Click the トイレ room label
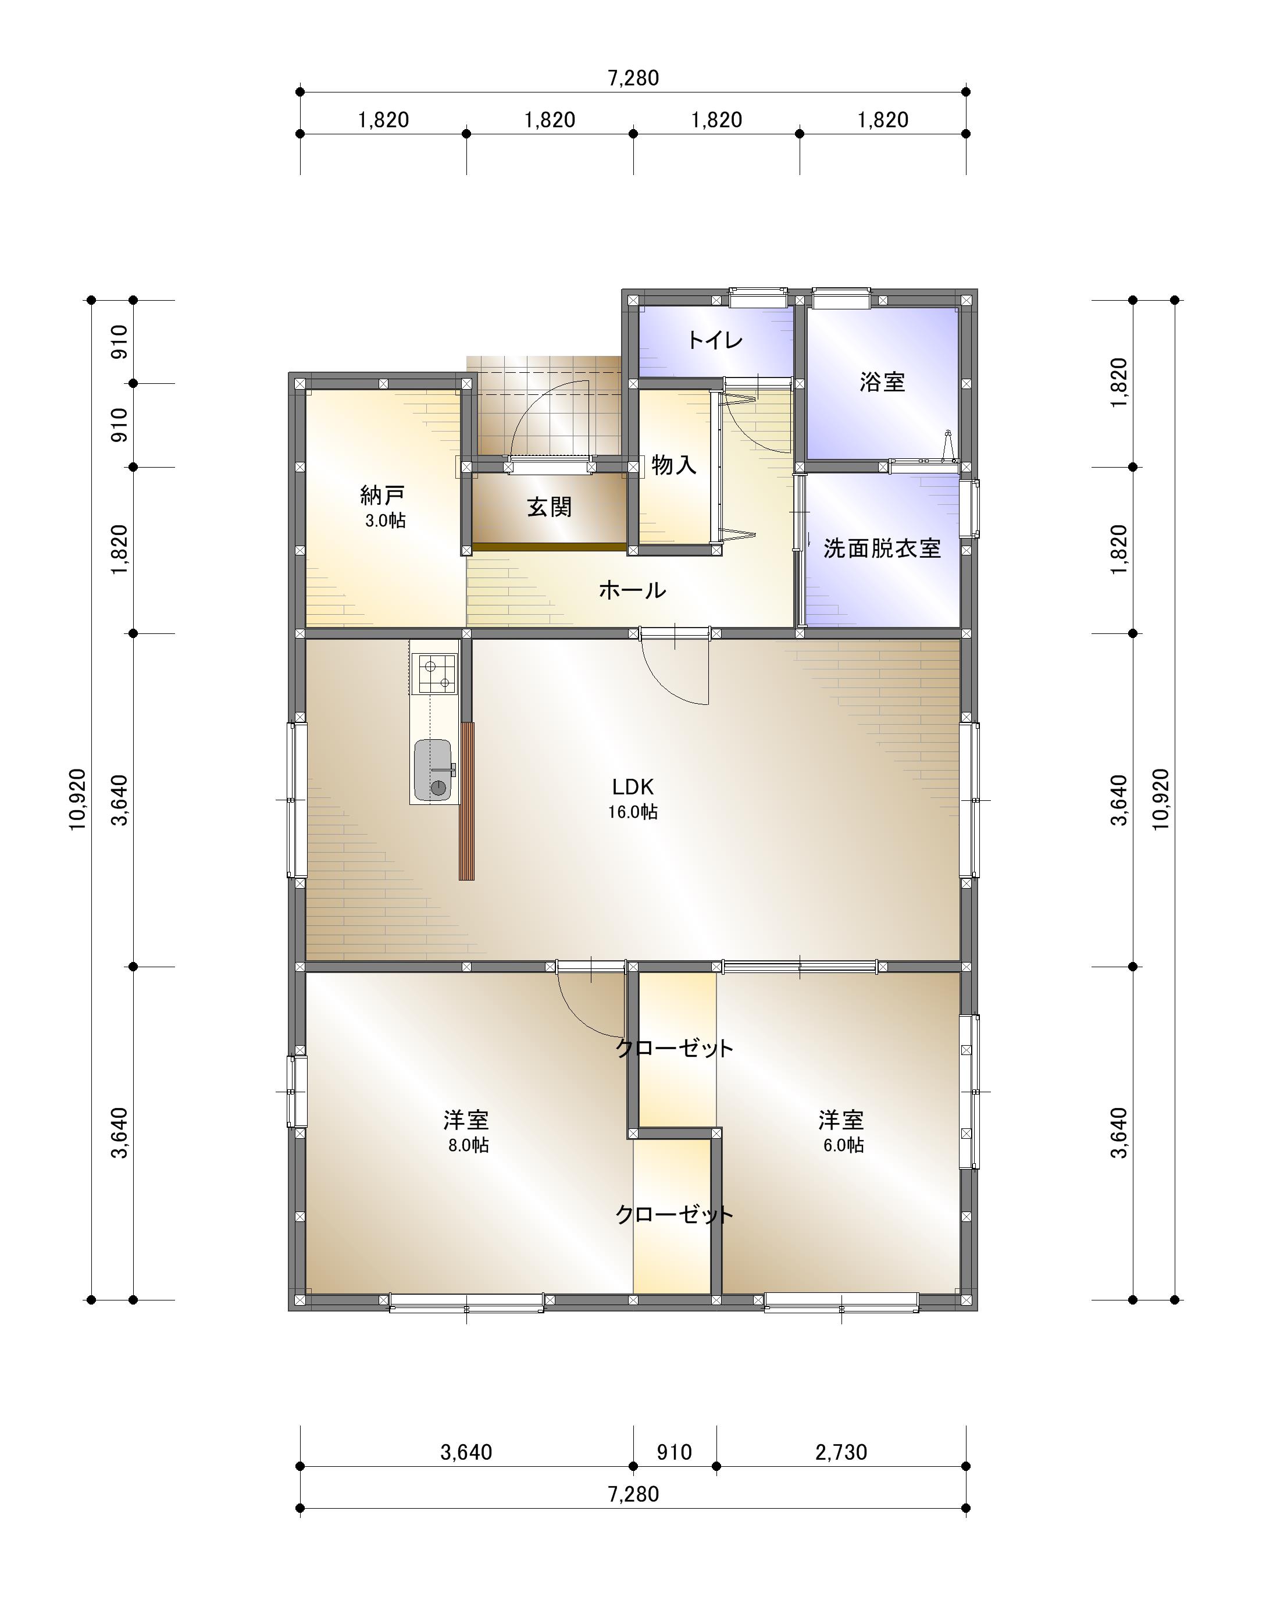point(715,340)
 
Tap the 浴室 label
point(882,383)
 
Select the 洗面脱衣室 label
point(882,548)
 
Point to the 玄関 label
point(549,507)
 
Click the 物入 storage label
point(674,465)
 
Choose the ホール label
point(632,590)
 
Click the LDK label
point(632,786)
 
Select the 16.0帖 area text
point(632,812)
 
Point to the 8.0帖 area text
point(468,1146)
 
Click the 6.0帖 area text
point(843,1146)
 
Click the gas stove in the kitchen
point(435,674)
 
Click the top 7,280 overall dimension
point(633,78)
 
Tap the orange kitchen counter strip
point(466,801)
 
